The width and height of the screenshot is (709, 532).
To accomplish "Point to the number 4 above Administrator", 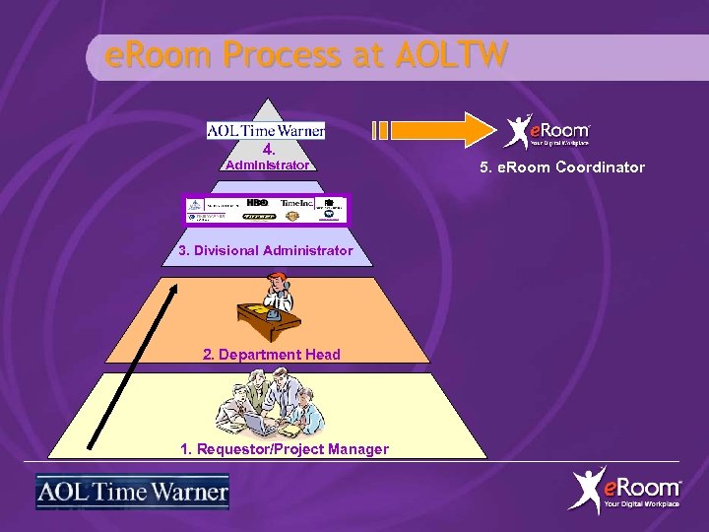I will coord(267,151).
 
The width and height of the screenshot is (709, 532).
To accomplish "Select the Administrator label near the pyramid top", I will coord(267,166).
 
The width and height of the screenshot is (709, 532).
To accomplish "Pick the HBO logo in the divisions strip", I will coord(258,202).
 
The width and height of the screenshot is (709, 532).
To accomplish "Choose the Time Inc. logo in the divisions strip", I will coord(296,203).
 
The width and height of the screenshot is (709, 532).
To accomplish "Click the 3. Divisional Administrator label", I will coord(266,250).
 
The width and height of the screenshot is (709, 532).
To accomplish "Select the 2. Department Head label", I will coord(272,355).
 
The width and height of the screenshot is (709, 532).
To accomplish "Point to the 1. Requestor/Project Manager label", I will coord(285,449).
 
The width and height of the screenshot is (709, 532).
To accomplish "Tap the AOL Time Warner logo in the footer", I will coord(132,492).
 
